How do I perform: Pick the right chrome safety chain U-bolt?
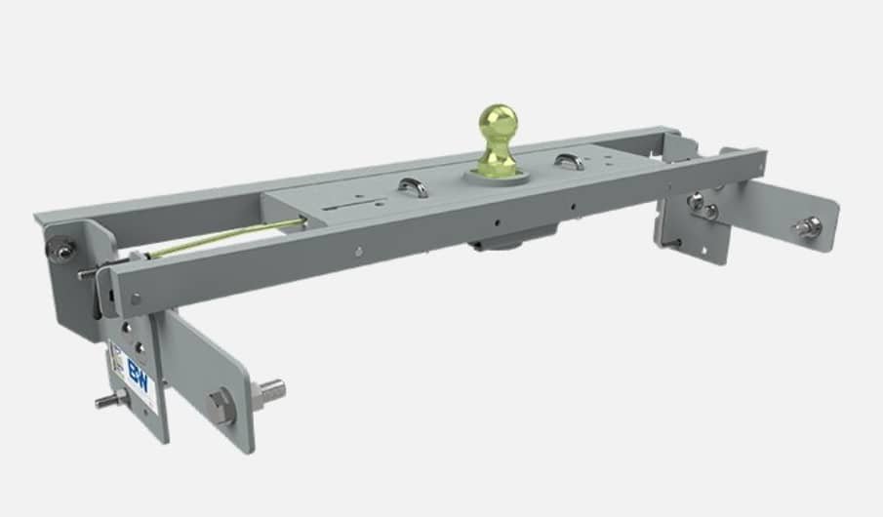tap(570, 159)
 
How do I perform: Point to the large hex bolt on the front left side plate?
tap(221, 405)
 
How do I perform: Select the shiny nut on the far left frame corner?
tap(61, 251)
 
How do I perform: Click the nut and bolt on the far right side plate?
tap(807, 227)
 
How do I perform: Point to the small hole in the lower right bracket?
tap(672, 241)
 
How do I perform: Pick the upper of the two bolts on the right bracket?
tap(696, 201)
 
